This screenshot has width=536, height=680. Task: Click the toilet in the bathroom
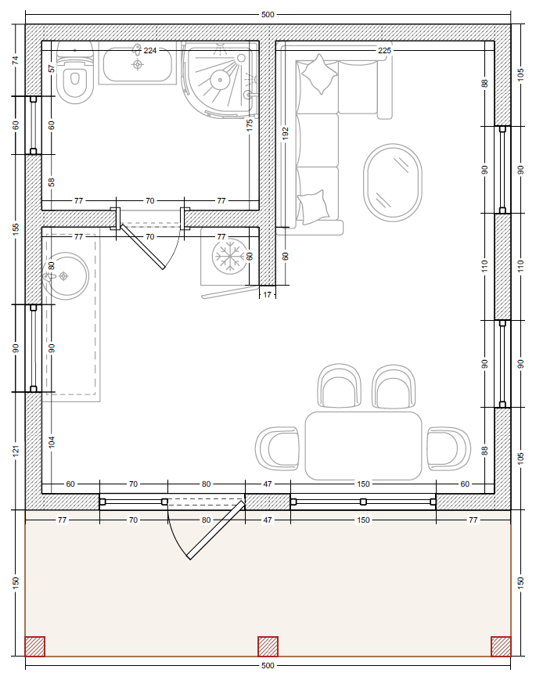(75, 73)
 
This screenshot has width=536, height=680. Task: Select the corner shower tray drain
(220, 80)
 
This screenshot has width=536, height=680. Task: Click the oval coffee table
(393, 182)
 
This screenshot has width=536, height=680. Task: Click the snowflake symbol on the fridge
(230, 256)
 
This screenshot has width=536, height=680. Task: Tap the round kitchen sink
(66, 275)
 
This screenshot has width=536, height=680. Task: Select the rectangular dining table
(363, 446)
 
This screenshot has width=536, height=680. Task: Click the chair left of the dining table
(277, 449)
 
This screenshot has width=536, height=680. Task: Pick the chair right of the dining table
(449, 448)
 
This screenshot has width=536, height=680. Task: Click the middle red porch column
(268, 646)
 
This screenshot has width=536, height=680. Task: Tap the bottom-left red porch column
(34, 646)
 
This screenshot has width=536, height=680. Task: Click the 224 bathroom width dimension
(150, 50)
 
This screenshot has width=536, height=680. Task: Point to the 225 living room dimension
(385, 50)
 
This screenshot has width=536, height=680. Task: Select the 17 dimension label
(267, 294)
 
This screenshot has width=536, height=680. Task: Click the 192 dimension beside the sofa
(285, 133)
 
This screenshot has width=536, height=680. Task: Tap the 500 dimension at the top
(268, 14)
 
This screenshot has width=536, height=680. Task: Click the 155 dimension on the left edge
(16, 229)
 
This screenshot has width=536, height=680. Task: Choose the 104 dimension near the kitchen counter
(52, 442)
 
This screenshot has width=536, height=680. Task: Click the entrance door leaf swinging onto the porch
(215, 529)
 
